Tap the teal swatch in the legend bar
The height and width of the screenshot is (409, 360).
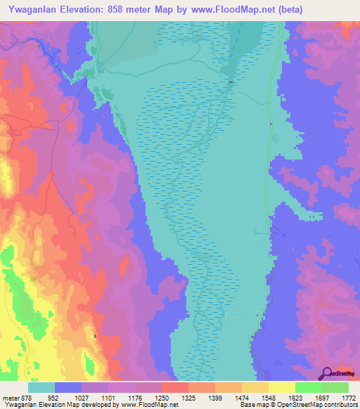pos(41,387)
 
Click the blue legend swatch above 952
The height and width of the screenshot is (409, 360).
pos(68,387)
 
